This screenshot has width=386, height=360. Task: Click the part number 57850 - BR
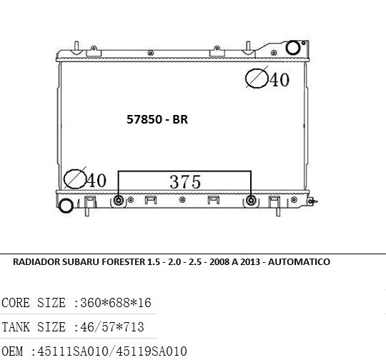157,119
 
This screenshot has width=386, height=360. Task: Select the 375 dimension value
185,182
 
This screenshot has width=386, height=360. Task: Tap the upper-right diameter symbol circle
257,78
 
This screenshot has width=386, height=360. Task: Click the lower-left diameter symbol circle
75,179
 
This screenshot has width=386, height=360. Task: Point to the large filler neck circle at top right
293,48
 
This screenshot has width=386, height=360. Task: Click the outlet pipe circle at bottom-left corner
66,206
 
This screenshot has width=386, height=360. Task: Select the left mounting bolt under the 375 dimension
119,200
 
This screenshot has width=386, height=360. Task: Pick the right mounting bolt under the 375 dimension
251,200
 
